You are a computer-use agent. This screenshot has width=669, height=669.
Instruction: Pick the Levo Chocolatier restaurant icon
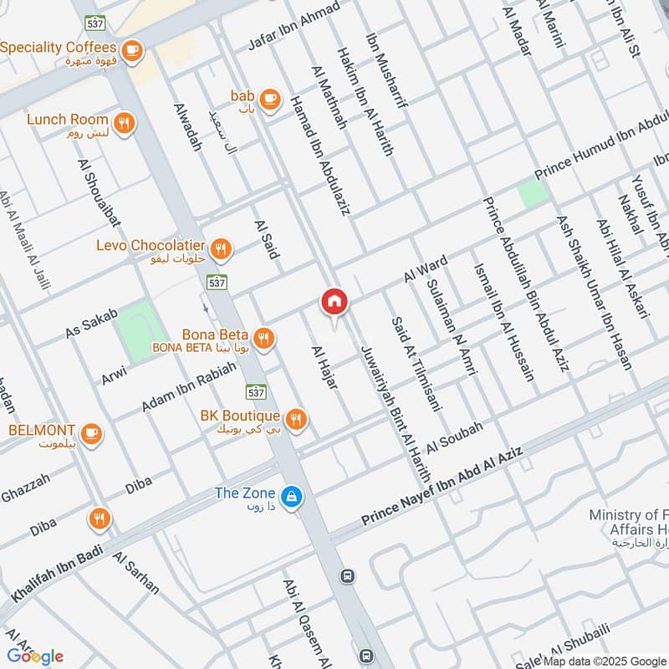[221, 248]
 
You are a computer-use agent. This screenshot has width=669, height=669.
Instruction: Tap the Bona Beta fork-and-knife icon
[263, 337]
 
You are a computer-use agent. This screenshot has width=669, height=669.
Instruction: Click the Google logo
[35, 656]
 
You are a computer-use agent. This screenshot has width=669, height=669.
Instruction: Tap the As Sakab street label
[91, 322]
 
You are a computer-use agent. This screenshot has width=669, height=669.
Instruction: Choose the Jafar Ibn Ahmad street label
[294, 25]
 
